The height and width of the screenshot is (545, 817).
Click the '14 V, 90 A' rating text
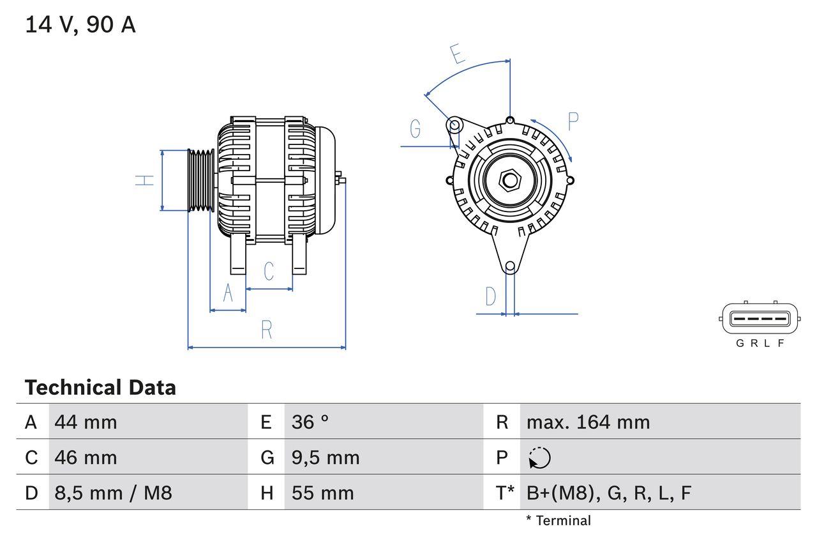(x=80, y=26)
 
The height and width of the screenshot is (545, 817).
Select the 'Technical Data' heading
(x=100, y=388)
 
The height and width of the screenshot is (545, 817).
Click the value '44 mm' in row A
(x=86, y=422)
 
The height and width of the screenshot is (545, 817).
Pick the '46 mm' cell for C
(x=86, y=457)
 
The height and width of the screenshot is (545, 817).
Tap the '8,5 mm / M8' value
(x=113, y=493)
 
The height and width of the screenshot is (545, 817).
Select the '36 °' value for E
(x=310, y=422)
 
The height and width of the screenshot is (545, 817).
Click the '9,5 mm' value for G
(x=326, y=457)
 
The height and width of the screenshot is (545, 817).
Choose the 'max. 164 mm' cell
(x=588, y=422)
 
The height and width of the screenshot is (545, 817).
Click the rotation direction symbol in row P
(x=539, y=458)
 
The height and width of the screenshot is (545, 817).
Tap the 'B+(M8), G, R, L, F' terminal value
(x=608, y=493)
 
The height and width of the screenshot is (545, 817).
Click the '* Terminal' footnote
(x=558, y=521)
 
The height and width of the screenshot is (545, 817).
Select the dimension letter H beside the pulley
(x=146, y=180)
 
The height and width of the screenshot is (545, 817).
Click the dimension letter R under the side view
(x=267, y=330)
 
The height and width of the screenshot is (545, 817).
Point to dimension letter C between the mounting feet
(x=269, y=271)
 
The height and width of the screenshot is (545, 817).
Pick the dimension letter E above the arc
(x=457, y=54)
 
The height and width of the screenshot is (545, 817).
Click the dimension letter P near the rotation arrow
(x=573, y=121)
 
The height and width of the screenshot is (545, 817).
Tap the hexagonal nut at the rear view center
(x=509, y=180)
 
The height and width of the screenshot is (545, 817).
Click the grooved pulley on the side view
(x=200, y=180)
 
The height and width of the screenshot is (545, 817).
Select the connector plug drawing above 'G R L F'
(x=759, y=319)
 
